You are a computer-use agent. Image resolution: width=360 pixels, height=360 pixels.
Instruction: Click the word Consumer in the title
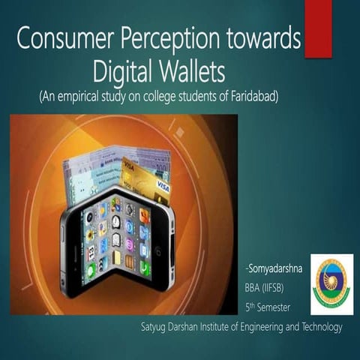click(62, 40)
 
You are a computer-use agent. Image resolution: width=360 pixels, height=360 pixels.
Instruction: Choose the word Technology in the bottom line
click(316, 328)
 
